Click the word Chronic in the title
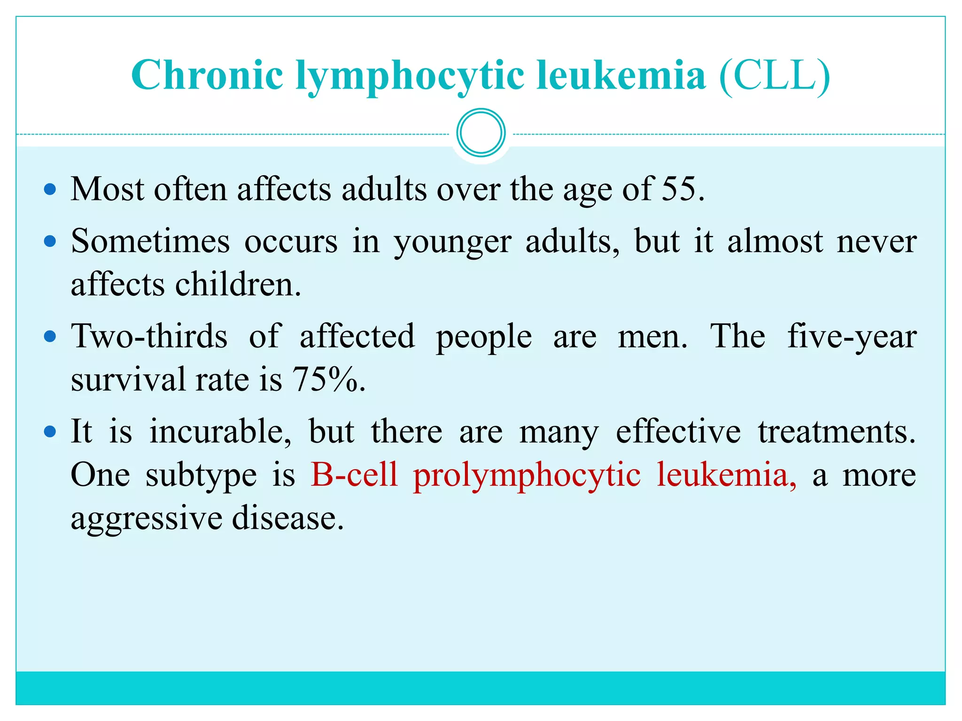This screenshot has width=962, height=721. (207, 76)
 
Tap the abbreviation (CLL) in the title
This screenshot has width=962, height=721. (775, 76)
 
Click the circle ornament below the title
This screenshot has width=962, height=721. (481, 133)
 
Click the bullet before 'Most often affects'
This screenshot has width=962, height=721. (50, 190)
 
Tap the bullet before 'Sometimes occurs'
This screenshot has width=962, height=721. (50, 242)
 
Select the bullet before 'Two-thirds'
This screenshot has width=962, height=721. (50, 337)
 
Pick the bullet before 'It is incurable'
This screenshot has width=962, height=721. (50, 431)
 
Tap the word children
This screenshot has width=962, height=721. (238, 285)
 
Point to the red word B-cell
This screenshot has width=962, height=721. (354, 475)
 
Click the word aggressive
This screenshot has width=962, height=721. (147, 519)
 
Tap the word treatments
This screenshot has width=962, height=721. (837, 431)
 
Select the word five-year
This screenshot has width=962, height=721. (852, 337)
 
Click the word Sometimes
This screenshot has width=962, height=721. (150, 241)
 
